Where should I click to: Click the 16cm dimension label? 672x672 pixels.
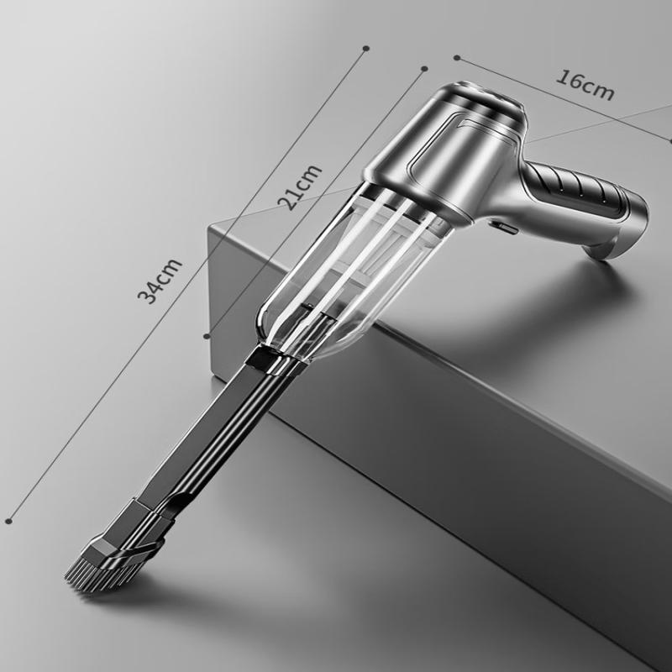pos(585,85)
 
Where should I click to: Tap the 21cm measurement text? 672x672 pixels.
pos(302,186)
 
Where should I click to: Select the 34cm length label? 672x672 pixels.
pos(160,281)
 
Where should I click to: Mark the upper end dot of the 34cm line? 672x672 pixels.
pos(365,49)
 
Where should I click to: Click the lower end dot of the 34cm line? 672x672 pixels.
pos(9,521)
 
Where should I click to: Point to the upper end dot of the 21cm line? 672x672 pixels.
pos(425,69)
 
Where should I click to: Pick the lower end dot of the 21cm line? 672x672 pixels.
pos(207,336)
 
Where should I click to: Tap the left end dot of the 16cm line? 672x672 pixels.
pos(457,58)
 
